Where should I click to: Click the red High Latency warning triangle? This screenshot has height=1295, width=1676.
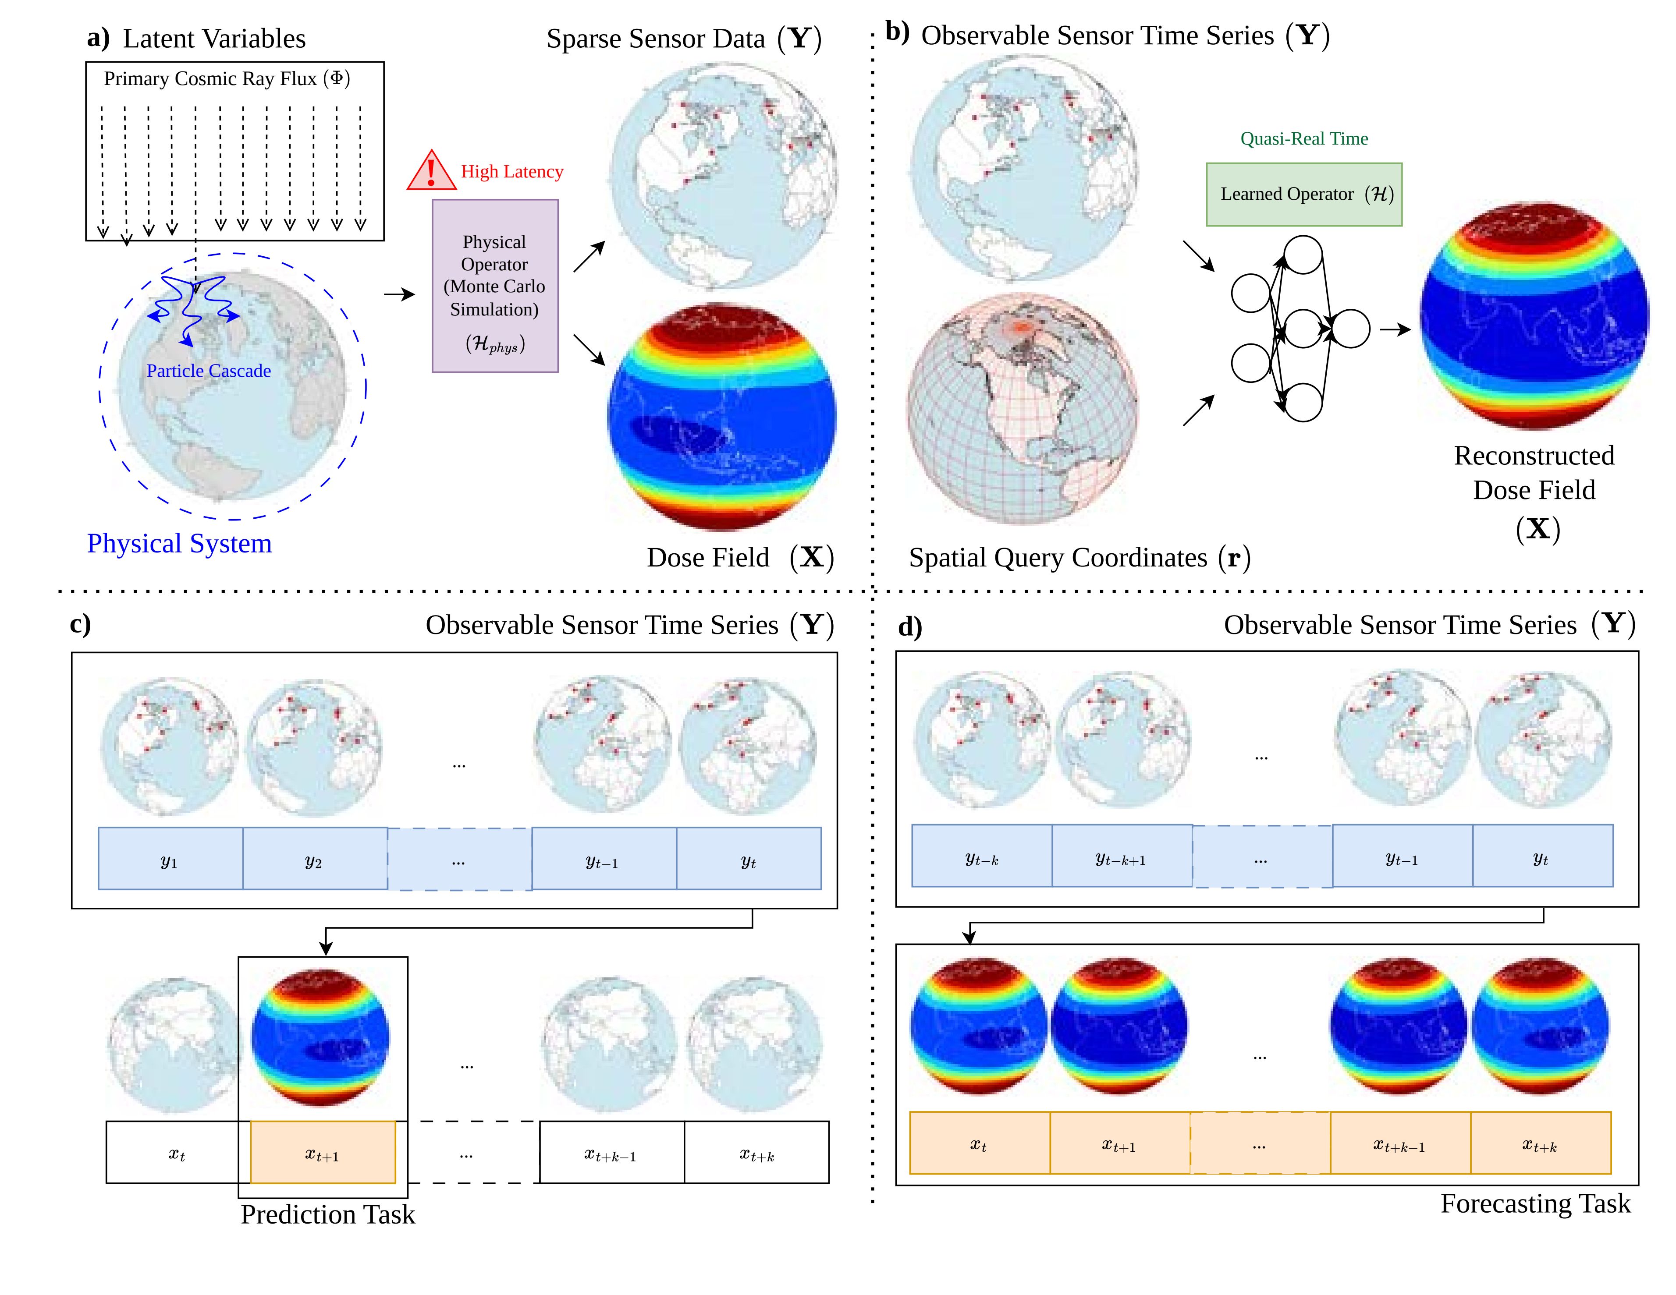click(x=431, y=171)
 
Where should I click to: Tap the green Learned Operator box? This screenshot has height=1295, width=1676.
click(x=1304, y=194)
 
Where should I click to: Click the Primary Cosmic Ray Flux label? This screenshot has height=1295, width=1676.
click(x=227, y=78)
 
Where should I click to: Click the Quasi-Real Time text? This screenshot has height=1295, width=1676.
click(x=1304, y=139)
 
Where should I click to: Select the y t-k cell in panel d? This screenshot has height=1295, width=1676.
click(x=981, y=856)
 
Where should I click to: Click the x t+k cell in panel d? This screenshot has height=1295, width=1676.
click(x=1540, y=1143)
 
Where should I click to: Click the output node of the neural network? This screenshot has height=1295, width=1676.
click(x=1351, y=329)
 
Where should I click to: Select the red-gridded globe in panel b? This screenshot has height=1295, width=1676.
click(x=1022, y=409)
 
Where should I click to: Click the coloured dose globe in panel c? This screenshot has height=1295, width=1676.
click(x=322, y=1037)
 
